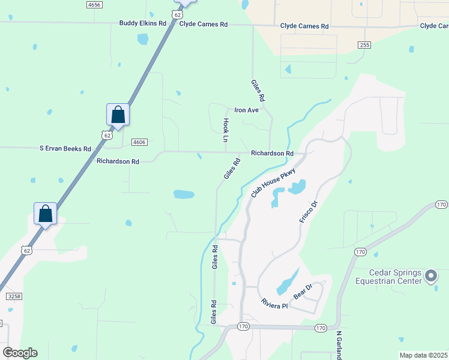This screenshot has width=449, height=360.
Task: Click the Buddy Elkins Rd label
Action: coord(142,24)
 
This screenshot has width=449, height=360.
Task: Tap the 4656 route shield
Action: coord(94,4)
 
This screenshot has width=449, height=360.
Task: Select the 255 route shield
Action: coord(364,45)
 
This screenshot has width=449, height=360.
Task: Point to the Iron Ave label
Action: coord(246,110)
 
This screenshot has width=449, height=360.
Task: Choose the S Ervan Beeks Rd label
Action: coord(65,148)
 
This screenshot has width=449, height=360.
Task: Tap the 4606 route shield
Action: coord(139,142)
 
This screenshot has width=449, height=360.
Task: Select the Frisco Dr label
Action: coord(308,212)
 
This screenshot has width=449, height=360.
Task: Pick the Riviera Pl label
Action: coord(275,303)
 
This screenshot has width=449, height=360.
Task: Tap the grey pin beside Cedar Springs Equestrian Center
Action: coord(430,276)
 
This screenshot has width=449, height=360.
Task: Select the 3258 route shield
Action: coord(14,296)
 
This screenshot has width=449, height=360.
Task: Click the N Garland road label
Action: coord(339,345)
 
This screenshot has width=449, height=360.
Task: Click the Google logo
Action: coord(20,353)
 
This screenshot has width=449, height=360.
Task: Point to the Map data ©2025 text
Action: coord(423,355)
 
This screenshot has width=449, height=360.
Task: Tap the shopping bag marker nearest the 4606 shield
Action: coord(118,115)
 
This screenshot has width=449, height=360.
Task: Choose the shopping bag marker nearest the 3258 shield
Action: coord(45,214)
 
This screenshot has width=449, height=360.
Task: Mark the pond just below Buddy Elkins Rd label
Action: coord(143,40)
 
